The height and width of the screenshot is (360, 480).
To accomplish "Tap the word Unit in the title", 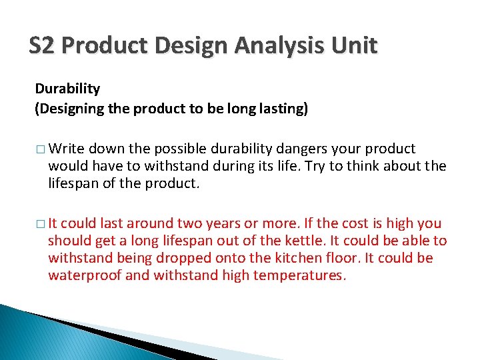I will pyautogui.click(x=356, y=46).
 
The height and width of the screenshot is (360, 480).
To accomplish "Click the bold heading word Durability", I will pyautogui.click(x=67, y=89).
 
